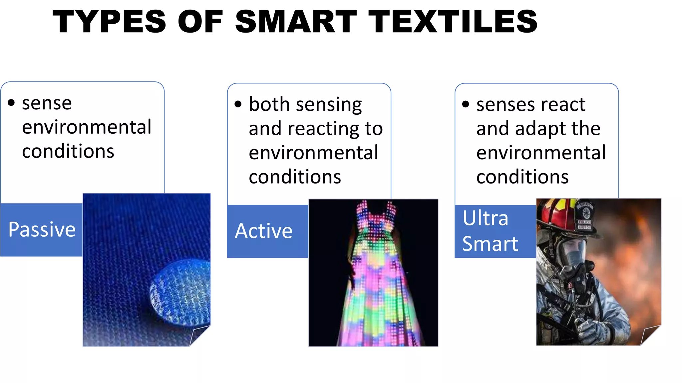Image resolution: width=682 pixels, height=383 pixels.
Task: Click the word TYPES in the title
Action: [109, 22]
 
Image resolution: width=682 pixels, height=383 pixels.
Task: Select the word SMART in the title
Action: [296, 22]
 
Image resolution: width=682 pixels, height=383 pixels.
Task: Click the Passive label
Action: [42, 229]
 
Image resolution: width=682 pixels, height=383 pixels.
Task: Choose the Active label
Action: [264, 231]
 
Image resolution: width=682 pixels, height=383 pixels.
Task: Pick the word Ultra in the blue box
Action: [485, 218]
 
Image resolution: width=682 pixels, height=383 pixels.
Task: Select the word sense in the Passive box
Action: [47, 103]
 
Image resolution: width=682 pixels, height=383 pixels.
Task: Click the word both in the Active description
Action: [269, 104]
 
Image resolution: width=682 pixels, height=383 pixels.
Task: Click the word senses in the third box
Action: [502, 105]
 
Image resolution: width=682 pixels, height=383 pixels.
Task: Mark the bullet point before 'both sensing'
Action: [238, 104]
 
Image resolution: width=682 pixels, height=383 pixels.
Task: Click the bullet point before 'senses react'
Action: [466, 104]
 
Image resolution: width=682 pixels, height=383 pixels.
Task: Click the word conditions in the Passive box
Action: [68, 152]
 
